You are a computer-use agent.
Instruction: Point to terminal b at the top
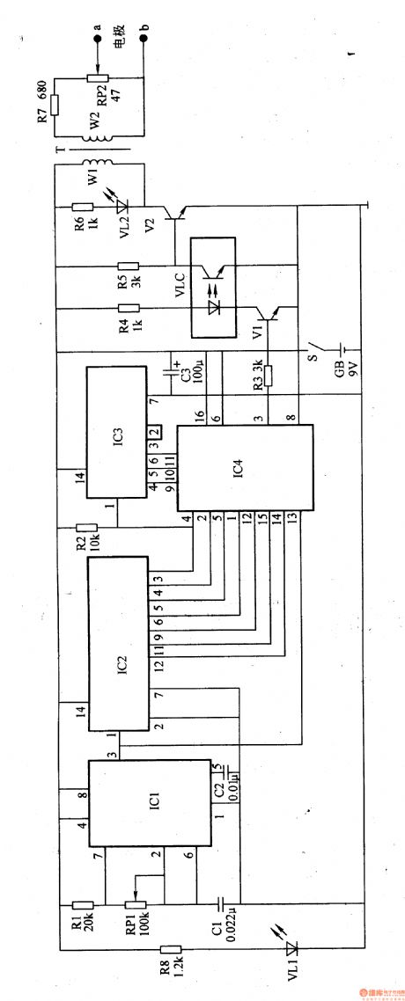(x=144, y=37)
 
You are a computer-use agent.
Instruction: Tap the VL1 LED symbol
(x=293, y=949)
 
